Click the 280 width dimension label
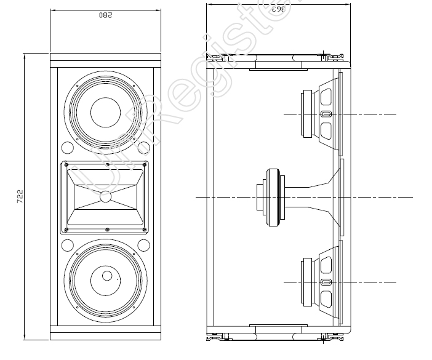click(105, 15)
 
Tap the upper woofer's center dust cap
click(106, 113)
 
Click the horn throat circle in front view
click(106, 197)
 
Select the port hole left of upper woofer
click(66, 148)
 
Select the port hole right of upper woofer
click(144, 148)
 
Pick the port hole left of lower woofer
click(66, 246)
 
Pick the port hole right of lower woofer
click(144, 246)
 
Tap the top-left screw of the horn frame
click(65, 165)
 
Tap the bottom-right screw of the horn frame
click(146, 230)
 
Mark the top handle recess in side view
click(278, 67)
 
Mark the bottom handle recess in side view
click(278, 326)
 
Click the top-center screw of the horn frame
click(108, 164)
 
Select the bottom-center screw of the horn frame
click(108, 230)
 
